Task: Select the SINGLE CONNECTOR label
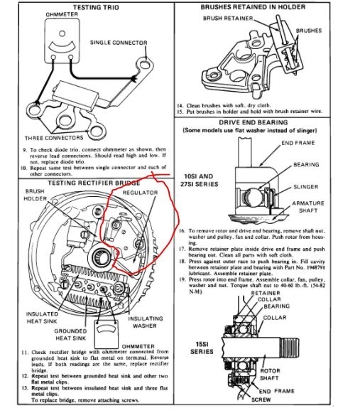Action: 119,43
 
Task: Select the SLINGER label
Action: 306,186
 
